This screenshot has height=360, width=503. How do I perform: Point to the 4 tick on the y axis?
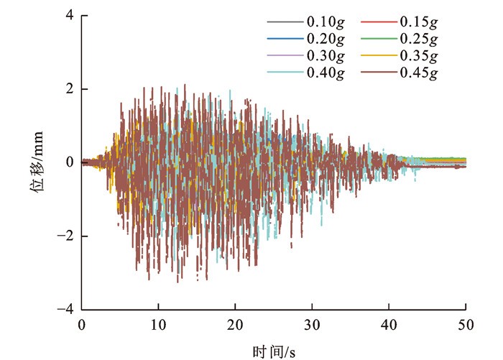[70, 16]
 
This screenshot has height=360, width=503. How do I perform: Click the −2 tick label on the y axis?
[68, 236]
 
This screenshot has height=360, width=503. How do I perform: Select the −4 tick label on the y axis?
[68, 309]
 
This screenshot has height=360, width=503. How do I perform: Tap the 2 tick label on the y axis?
[70, 89]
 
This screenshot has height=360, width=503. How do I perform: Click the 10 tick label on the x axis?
[158, 324]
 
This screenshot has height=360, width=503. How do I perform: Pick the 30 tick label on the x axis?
[312, 324]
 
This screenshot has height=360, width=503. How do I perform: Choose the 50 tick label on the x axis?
[466, 324]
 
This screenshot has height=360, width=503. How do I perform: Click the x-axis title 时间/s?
[274, 350]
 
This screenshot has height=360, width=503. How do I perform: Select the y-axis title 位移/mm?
[40, 162]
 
